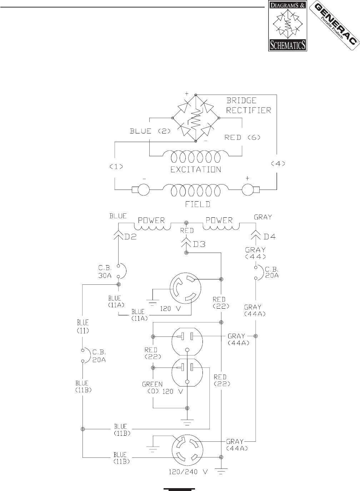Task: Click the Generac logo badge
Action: [x=334, y=25]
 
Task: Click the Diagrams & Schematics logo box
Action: [x=287, y=26]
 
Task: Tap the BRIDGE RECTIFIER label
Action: [x=249, y=105]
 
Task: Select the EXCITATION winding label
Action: [x=196, y=169]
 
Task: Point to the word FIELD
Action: [x=197, y=204]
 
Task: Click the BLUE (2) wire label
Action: [x=150, y=131]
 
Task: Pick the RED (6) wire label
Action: [x=242, y=137]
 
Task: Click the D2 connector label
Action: [x=130, y=237]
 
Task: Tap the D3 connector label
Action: [x=199, y=244]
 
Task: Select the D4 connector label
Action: [x=270, y=237]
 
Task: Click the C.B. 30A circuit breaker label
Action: [x=105, y=272]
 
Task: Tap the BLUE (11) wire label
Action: [x=83, y=327]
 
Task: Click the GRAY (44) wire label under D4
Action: [x=255, y=253]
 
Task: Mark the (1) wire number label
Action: [x=116, y=167]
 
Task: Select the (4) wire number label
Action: [x=278, y=163]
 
